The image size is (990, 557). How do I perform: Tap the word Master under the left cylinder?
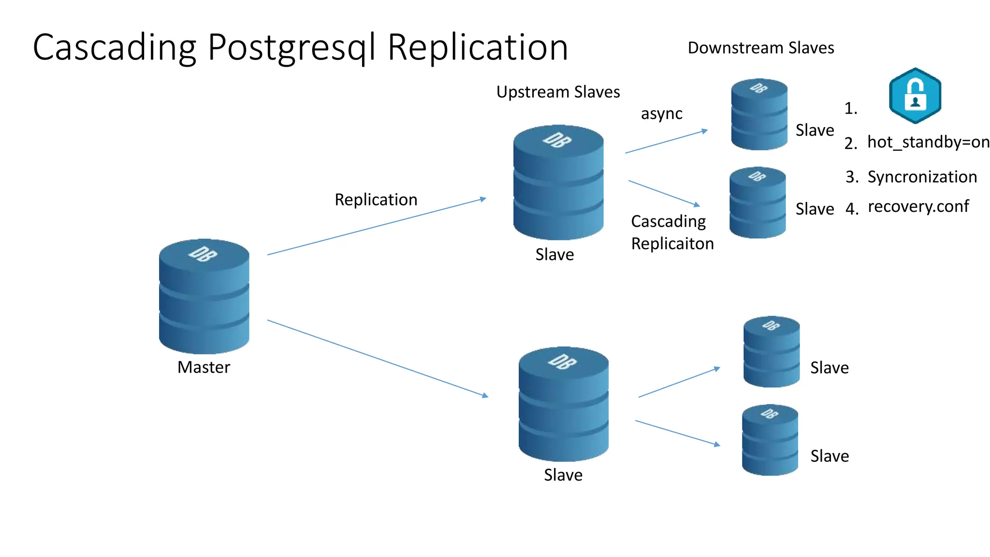point(204,367)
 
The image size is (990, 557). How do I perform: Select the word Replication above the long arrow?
point(376,200)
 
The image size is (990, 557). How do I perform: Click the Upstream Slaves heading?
point(558,92)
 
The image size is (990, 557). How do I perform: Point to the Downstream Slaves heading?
point(761,48)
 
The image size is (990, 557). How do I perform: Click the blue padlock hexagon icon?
point(915,96)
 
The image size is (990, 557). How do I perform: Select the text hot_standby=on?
point(928,142)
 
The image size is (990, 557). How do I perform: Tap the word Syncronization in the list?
point(922,177)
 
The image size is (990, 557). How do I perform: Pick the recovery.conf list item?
point(918,206)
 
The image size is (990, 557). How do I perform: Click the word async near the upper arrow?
point(661,114)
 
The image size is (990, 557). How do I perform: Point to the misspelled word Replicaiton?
point(672,244)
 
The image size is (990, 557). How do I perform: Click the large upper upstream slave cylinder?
point(558,182)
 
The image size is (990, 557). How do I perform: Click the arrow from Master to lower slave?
point(377,358)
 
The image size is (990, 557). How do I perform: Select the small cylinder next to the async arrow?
point(759,115)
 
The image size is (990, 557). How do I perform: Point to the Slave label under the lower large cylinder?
point(563,475)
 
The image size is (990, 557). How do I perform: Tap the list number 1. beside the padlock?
point(851,108)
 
